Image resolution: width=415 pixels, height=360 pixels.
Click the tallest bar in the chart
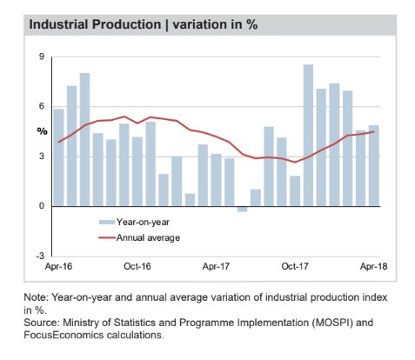pos(308,136)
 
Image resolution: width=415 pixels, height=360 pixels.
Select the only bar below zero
pos(242,209)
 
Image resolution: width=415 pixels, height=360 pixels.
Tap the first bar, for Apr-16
pos(58,157)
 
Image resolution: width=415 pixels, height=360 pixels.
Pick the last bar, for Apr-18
pos(374,166)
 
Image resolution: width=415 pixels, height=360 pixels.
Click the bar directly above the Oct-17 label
pos(295,191)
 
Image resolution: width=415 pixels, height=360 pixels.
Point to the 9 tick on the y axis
pos(42,57)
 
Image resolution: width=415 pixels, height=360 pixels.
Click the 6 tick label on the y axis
pos(42,106)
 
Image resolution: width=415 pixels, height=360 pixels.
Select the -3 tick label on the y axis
pos(40,256)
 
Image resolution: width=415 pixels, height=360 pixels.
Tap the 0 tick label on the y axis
pos(42,206)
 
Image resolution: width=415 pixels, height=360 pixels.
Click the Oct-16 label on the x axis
pos(137,266)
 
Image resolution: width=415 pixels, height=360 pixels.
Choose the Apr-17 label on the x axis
pos(216,266)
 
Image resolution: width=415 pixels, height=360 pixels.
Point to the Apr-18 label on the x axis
pos(373,266)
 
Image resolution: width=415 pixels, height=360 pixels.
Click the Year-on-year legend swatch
pos(107,223)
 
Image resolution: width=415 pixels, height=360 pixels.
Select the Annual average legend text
pos(148,238)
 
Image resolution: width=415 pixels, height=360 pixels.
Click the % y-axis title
pos(42,131)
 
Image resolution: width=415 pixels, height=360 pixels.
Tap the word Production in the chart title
pos(126,24)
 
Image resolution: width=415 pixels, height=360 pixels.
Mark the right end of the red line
pos(374,131)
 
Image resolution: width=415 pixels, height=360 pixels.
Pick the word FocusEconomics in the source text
pos(64,335)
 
